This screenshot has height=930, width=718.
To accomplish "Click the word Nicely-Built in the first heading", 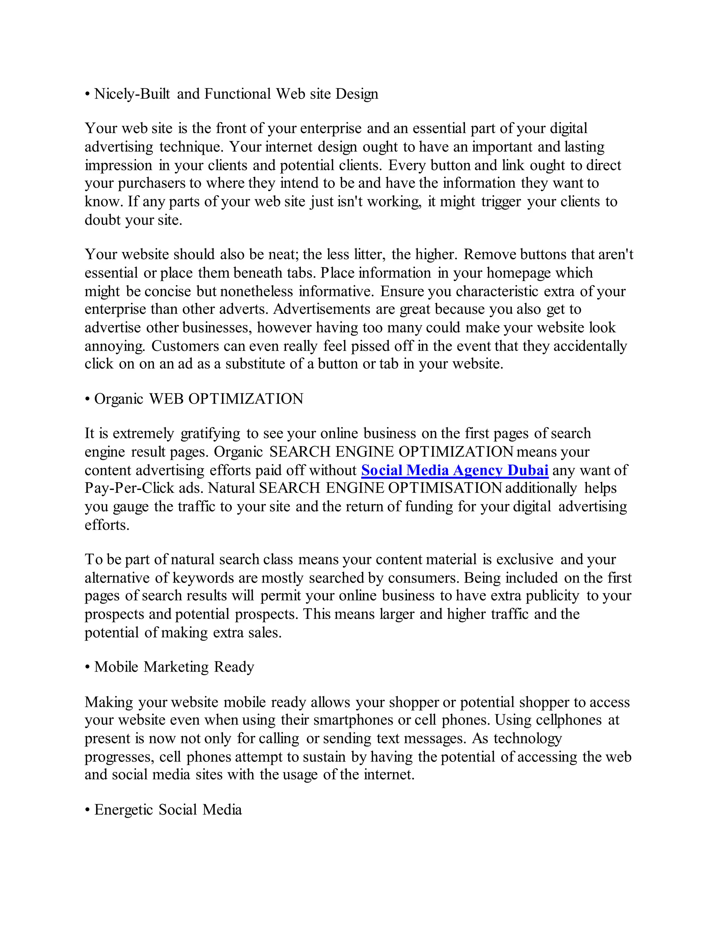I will click(x=132, y=94).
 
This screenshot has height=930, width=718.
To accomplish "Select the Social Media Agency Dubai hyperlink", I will click(x=455, y=470).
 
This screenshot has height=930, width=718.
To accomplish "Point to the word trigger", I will click(x=501, y=201).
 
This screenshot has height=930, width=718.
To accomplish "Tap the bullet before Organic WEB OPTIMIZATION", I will click(x=87, y=399).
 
